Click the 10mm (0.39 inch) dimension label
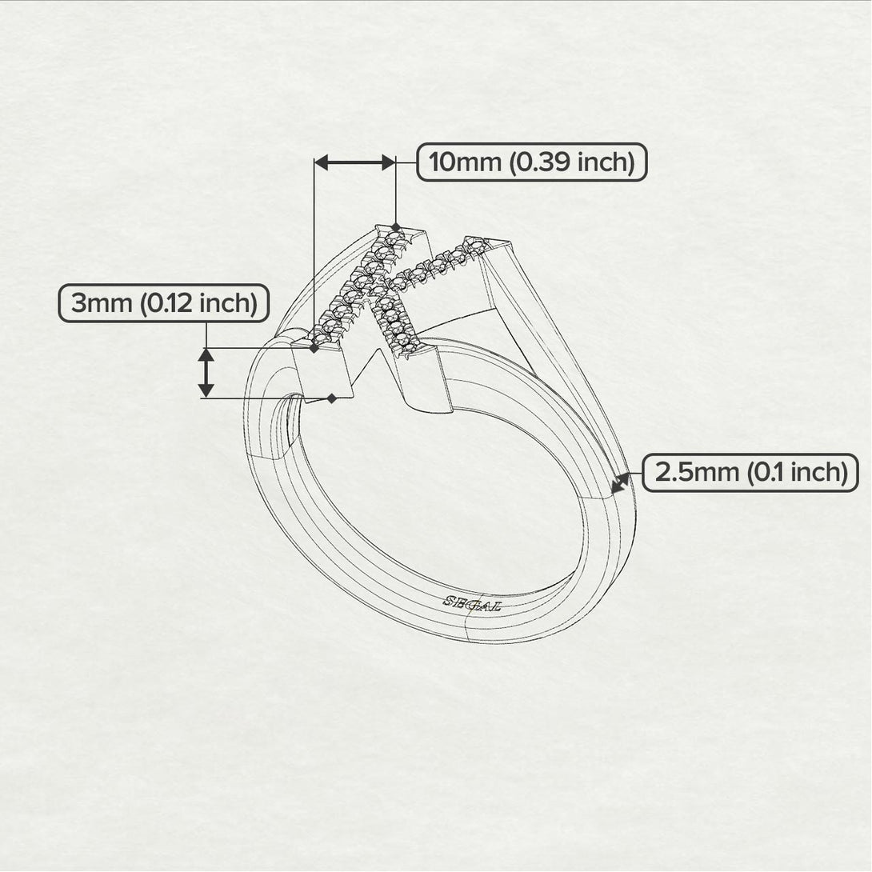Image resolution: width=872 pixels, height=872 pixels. (532, 162)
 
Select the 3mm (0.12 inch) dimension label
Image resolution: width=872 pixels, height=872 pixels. (164, 304)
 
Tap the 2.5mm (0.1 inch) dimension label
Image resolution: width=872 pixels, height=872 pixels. (750, 473)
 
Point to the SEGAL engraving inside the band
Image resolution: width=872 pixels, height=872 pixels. (472, 605)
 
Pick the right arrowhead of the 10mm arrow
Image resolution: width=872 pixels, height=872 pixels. (388, 163)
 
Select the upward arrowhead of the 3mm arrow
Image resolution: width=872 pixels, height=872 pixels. (206, 356)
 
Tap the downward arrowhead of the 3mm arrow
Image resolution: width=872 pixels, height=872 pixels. (206, 390)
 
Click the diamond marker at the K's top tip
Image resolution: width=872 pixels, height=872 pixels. (395, 227)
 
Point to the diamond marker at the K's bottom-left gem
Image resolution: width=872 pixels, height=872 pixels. (314, 348)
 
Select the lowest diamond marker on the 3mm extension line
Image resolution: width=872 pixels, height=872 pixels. (331, 398)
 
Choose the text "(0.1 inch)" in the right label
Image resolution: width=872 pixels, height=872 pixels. (796, 473)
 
